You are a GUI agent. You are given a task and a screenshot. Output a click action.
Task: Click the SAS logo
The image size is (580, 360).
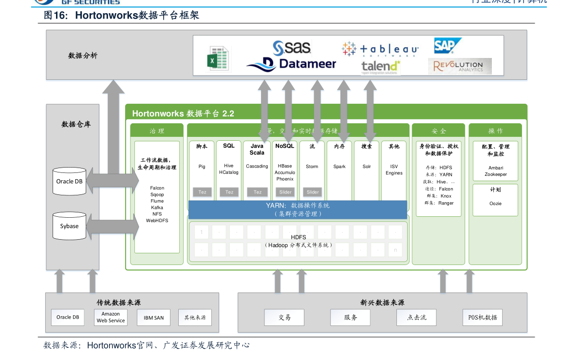tap(292, 48)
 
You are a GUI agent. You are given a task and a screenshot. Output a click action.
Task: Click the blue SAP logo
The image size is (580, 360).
tap(445, 46)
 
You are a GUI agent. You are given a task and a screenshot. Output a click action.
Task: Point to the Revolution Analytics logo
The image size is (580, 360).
tap(460, 66)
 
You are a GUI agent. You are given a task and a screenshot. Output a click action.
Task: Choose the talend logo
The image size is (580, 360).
tap(380, 67)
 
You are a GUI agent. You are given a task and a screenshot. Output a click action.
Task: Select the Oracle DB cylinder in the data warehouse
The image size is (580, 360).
tap(69, 181)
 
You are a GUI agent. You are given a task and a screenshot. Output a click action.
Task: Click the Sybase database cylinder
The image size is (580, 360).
tap(69, 226)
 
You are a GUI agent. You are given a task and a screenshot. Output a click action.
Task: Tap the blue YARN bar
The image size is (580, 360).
tap(298, 209)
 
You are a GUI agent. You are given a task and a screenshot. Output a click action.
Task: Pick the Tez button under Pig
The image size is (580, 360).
tap(202, 192)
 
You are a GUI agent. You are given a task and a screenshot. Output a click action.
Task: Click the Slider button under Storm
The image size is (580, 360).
tap(313, 192)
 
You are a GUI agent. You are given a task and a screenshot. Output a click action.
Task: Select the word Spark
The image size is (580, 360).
tap(339, 167)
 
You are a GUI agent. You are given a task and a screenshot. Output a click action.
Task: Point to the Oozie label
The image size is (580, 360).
tap(495, 204)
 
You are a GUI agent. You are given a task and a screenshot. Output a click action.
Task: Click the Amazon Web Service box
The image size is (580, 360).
tap(111, 318)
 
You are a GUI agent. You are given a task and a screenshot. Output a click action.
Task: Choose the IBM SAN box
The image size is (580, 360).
tap(153, 318)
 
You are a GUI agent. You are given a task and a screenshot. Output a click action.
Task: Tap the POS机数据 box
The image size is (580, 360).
tap(482, 318)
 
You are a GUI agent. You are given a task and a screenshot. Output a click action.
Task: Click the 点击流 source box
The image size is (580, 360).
tap(416, 318)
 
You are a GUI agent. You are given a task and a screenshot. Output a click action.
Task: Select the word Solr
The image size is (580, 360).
tap(367, 167)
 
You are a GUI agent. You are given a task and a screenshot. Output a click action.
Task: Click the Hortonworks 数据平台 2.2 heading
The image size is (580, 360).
tap(183, 114)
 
